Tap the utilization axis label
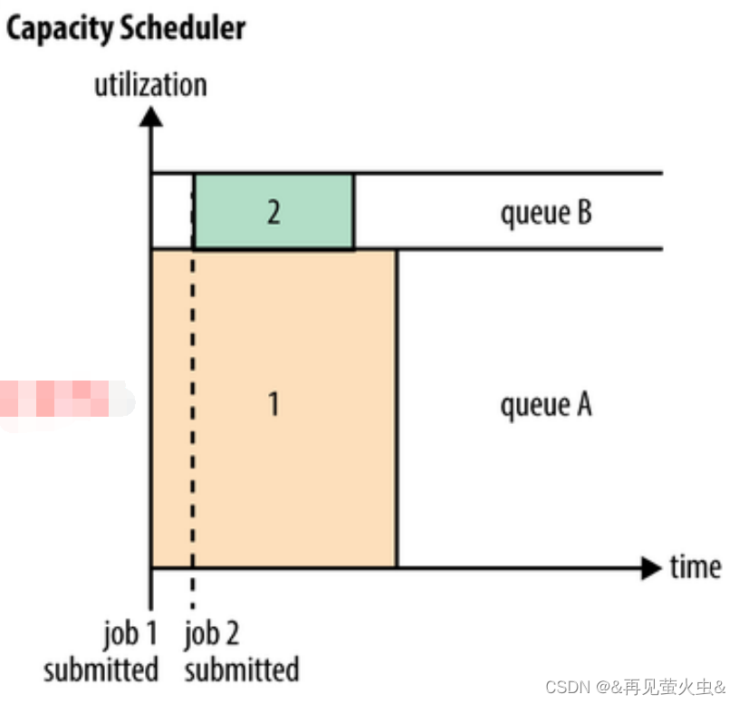(150, 85)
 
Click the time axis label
(696, 568)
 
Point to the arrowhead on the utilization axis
(151, 116)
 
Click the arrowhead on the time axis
(651, 569)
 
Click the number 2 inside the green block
(274, 212)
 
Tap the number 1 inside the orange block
(274, 404)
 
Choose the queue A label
(545, 404)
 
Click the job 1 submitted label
(101, 652)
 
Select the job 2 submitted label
(241, 652)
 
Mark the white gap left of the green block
(172, 211)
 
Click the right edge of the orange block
(397, 408)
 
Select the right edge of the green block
(354, 211)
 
